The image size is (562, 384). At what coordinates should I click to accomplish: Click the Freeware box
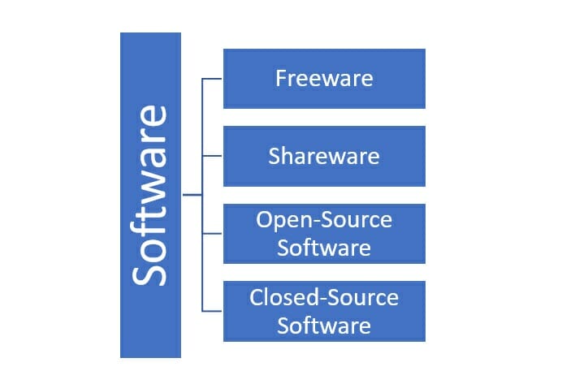pos(324,79)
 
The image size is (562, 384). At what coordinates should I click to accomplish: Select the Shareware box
pos(324,156)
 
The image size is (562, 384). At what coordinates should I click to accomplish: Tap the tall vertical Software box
pos(150,195)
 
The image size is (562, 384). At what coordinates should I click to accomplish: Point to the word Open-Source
pos(324,219)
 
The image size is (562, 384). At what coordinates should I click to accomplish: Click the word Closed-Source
pos(324,297)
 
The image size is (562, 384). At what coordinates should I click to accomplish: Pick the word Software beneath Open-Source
pos(324,248)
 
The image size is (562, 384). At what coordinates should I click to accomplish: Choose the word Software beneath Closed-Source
pos(324,326)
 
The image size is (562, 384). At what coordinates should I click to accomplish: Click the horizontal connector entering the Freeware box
pos(212,79)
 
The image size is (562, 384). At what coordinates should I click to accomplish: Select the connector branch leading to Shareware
pos(212,156)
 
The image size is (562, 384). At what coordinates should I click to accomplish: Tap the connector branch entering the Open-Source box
pos(212,234)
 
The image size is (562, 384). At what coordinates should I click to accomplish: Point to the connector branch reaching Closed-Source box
pos(212,311)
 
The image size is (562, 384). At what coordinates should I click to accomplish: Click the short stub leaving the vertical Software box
pos(192,195)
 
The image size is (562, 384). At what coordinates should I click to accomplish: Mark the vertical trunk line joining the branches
pos(202,195)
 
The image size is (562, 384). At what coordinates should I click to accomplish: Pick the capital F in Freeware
pos(281,78)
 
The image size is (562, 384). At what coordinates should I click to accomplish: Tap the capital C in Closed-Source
pos(257,297)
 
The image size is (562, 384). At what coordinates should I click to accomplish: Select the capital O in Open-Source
pos(264,219)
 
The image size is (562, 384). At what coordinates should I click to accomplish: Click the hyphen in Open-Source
pos(318,222)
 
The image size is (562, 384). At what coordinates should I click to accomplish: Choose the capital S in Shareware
pos(275,156)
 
